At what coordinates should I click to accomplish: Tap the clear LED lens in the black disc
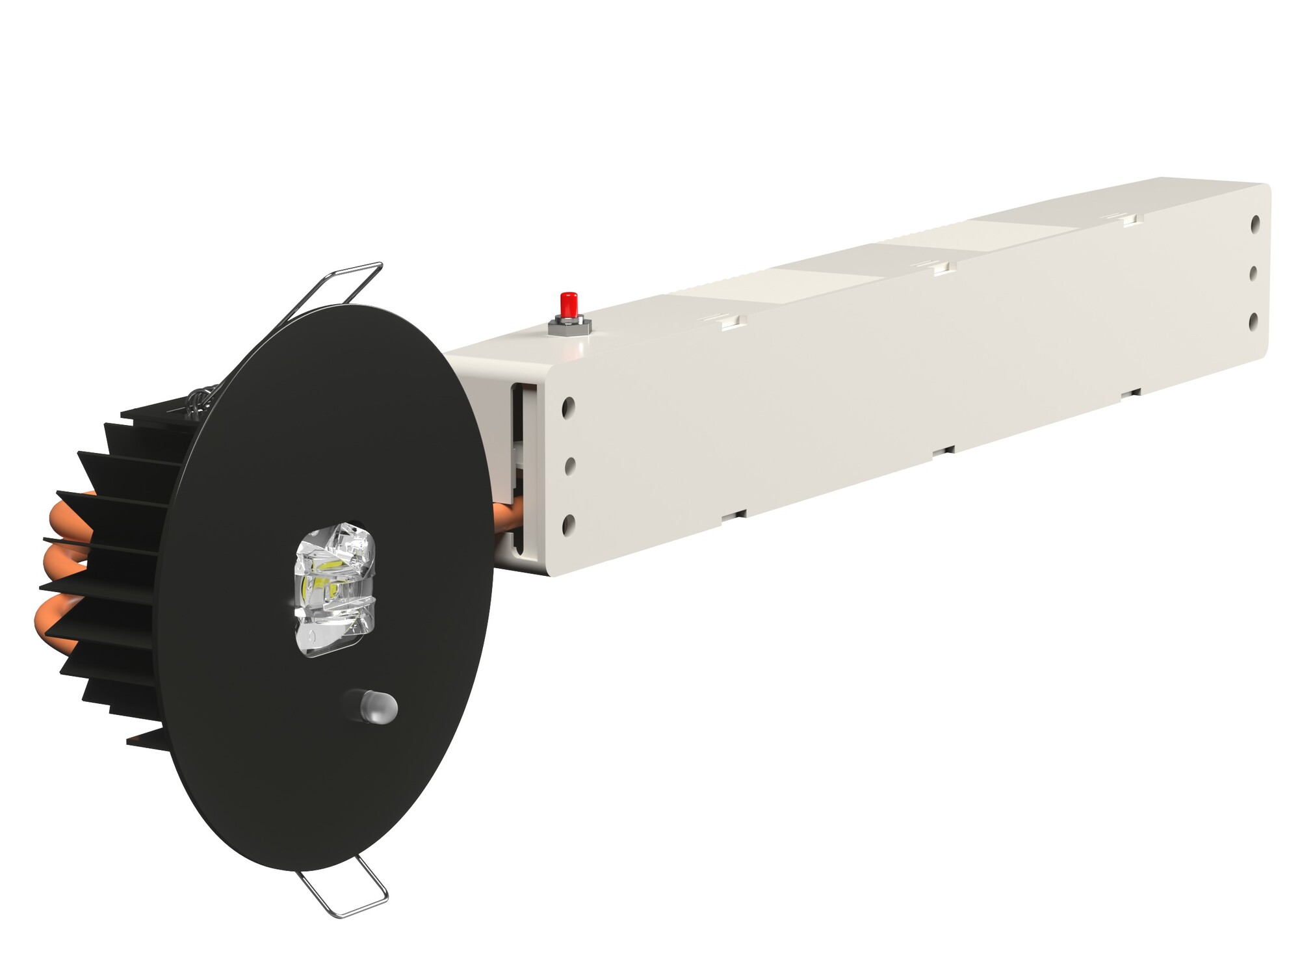tap(334, 588)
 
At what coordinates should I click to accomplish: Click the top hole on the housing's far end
tap(1255, 224)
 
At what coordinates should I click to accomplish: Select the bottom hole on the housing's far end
tap(1254, 321)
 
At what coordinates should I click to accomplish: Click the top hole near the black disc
tap(569, 408)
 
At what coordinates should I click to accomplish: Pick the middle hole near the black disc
tap(570, 465)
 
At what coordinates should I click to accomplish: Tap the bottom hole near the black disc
tap(569, 524)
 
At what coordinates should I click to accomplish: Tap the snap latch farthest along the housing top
tap(1129, 219)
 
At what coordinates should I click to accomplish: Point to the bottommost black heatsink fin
tap(149, 739)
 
